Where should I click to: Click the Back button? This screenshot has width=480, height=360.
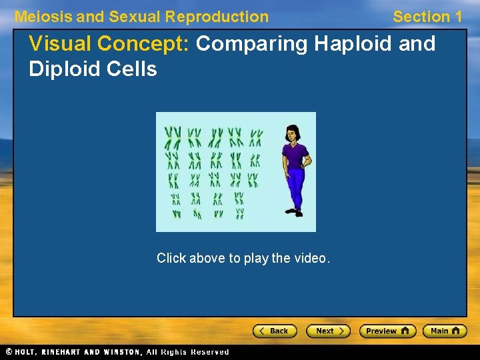coord(274,331)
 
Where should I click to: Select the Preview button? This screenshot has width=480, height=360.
coord(387,331)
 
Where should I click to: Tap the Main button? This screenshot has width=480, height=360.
coord(445,331)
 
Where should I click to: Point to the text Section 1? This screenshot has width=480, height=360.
coord(427,17)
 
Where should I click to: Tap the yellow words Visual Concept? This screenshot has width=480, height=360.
coord(110,44)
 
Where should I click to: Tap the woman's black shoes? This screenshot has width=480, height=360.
coord(294,213)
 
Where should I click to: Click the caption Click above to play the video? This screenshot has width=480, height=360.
coord(243,258)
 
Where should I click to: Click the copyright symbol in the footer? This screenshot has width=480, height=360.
coord(9,352)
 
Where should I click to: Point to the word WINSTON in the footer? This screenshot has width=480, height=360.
coord(121,352)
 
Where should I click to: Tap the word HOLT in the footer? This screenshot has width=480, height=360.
coord(26,352)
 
